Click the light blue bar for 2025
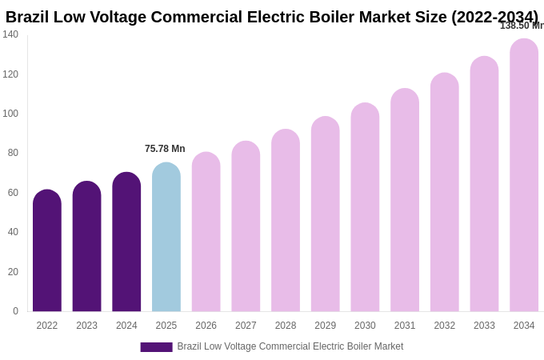click(x=166, y=238)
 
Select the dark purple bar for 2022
click(x=47, y=251)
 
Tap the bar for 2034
click(x=524, y=175)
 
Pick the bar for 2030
click(x=365, y=207)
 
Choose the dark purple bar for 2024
click(x=126, y=242)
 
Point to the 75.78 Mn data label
click(x=165, y=149)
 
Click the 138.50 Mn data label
click(x=522, y=26)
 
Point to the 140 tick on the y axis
click(x=10, y=34)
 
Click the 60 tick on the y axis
click(x=13, y=193)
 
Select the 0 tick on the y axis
click(x=15, y=311)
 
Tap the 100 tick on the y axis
click(x=10, y=114)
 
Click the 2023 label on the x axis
click(x=86, y=326)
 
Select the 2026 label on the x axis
click(x=206, y=326)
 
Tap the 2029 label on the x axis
click(x=325, y=326)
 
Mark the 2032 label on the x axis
click(x=444, y=326)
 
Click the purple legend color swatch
click(x=156, y=347)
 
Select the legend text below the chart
click(x=290, y=346)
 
